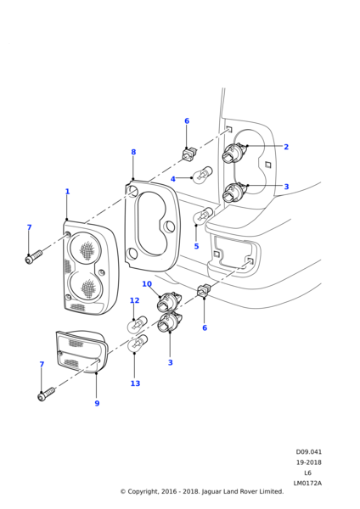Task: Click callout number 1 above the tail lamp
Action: pos(67,192)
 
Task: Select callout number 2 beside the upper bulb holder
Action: pos(286,147)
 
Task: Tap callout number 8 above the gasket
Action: pos(133,152)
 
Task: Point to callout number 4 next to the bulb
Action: pos(173,179)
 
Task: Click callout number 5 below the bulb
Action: pos(196,246)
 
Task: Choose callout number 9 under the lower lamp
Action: pos(97,403)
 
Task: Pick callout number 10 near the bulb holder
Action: pos(147,284)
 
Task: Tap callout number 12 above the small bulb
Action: pos(134,300)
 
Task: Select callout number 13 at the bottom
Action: pos(135,383)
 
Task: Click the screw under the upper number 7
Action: pos(33,256)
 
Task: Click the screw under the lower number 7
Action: pos(47,394)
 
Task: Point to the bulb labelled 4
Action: pos(202,174)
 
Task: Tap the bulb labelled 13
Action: pos(138,344)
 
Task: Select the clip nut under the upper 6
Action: pos(189,154)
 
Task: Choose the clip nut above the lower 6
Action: pos(204,289)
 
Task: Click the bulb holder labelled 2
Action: pos(234,153)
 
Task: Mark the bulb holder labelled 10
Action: pos(169,301)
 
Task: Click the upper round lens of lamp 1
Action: pos(84,249)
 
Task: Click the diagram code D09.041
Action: pos(308,451)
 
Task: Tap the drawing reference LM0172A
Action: pos(307,483)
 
